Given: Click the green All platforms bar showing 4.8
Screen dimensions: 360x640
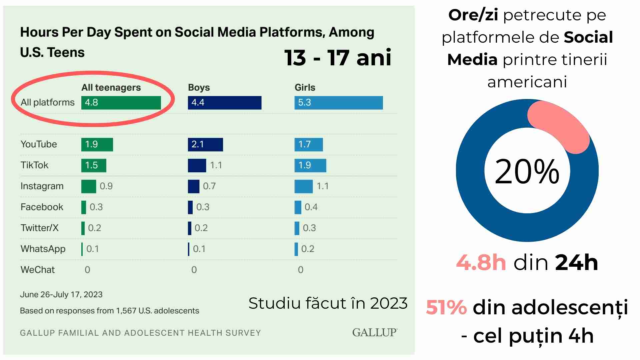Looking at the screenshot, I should coord(121,103).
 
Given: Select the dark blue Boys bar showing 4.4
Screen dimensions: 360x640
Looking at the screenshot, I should coord(224,103).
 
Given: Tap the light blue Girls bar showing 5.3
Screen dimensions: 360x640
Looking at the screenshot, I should coord(338,103).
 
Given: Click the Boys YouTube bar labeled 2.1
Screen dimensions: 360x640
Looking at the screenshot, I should coord(205,144).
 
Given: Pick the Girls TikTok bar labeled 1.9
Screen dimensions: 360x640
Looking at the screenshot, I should coord(310,165).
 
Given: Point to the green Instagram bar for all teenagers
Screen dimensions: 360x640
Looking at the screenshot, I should coord(89,186).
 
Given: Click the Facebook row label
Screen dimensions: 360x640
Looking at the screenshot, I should coord(42,207).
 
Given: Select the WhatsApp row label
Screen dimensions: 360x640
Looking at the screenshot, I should coord(43,249).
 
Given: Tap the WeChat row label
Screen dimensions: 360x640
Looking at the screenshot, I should coord(38,270).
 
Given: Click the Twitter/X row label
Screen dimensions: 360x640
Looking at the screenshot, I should coord(39,228).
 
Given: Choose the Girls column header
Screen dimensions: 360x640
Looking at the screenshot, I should coord(305,87).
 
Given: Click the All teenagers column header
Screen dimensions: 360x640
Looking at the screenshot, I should coord(111,87).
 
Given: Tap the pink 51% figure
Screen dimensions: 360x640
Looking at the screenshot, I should coord(446,307).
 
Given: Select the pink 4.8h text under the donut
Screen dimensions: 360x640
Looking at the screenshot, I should coord(481,262).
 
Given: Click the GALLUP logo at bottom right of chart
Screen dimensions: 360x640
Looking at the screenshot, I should coord(375,332).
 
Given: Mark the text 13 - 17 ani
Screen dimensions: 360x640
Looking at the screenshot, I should coord(338,58).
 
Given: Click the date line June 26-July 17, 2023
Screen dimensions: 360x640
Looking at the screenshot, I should coord(61,295).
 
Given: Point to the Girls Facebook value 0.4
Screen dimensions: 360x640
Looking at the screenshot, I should coord(311,207).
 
